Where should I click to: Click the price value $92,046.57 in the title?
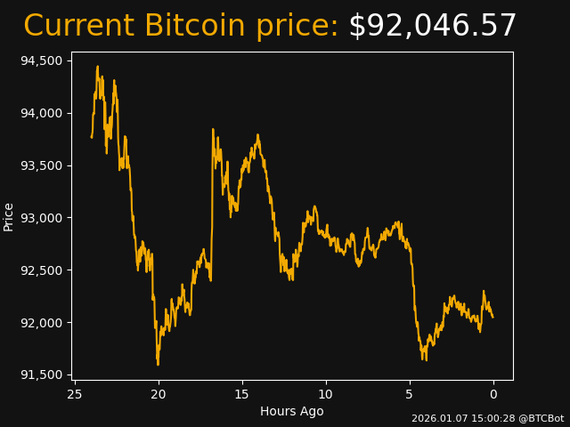[432, 27]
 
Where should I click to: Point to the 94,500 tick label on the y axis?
[43, 60]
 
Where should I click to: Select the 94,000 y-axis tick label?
[43, 113]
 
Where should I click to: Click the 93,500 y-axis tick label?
[43, 165]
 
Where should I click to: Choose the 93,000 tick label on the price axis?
[43, 218]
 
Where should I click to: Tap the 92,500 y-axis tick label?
[43, 270]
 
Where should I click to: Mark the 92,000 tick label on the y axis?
[43, 322]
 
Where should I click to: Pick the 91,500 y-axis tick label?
[43, 375]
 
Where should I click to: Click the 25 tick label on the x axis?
[75, 394]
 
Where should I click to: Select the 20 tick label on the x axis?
[159, 394]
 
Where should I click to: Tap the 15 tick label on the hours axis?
[242, 394]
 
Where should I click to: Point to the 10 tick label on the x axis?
[326, 394]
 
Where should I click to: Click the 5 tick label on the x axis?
[410, 394]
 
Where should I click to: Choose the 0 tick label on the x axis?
[493, 394]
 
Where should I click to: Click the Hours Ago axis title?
[292, 411]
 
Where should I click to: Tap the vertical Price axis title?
[9, 216]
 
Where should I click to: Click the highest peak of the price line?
[97, 67]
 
